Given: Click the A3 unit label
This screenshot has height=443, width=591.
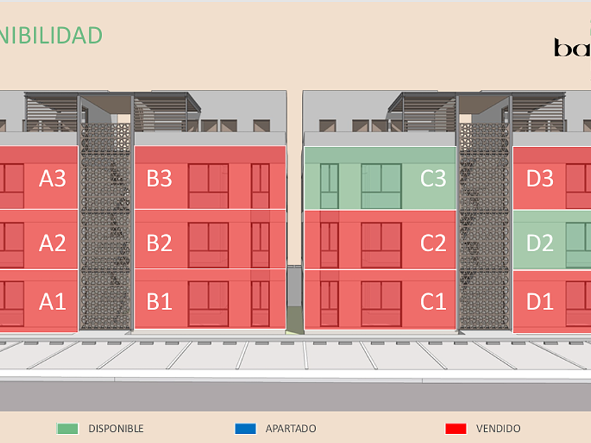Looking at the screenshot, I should coord(52,179).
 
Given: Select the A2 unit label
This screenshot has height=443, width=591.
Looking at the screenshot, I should coord(52,243).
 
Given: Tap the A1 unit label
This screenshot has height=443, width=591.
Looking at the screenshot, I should coord(52,302).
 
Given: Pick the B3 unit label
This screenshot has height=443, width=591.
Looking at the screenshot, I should coord(159,179).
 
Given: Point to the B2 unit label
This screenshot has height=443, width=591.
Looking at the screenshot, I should coord(159,243).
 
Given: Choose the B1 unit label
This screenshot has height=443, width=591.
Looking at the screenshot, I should coord(159,302).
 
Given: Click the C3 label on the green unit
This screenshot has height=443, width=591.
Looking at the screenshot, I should coord(433,179).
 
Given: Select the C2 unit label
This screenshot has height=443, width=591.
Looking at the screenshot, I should coord(433,243).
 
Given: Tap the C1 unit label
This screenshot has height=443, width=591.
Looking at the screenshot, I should coord(433,302).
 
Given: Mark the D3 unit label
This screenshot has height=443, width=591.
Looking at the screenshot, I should coord(540,179).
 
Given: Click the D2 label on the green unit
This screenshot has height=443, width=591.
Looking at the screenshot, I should coord(540,243).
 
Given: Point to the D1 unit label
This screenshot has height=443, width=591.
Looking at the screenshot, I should coord(540,302).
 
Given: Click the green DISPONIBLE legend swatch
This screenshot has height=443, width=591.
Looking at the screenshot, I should coord(68,428).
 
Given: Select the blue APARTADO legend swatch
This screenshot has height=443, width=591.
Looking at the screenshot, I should coord(245,428).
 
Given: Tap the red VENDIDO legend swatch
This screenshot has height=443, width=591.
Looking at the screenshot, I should coord(456,428).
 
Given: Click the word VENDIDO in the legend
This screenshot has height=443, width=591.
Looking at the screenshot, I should coord(498,428).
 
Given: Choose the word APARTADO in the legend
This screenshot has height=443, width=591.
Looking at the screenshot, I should coord(291,428).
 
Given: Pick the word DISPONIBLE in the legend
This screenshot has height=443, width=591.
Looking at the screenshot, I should coord(115,428).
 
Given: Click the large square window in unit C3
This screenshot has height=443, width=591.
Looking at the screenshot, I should coord(381,186).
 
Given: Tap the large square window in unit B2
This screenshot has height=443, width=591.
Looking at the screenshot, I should coord(208,245).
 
